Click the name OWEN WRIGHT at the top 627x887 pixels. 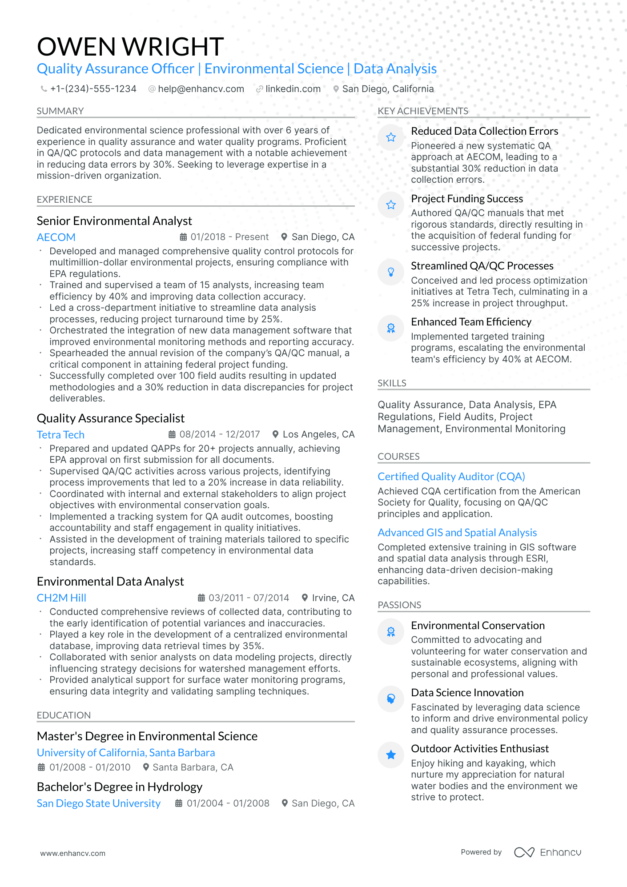tap(130, 47)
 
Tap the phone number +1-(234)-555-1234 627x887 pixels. tap(93, 89)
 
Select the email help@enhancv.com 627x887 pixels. tap(201, 89)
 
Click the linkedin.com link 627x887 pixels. tap(293, 89)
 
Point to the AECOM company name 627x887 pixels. tap(56, 237)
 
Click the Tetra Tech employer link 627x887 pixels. tap(60, 435)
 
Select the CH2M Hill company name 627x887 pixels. tap(61, 598)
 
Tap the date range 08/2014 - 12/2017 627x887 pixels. tap(219, 434)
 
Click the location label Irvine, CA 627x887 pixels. tap(333, 598)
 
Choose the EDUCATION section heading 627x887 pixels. tap(64, 715)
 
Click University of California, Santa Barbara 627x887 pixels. tap(126, 753)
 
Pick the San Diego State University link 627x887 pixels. tap(99, 803)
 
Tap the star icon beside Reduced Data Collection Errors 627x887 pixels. tap(391, 137)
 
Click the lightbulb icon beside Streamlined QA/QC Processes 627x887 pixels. tap(391, 272)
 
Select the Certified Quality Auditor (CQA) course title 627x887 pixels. tap(451, 477)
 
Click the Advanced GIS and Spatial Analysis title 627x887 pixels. tap(457, 533)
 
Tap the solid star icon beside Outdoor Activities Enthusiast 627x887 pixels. tap(391, 755)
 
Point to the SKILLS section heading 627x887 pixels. tap(392, 383)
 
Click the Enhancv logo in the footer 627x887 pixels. tap(547, 852)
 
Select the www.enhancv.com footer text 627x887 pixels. tap(73, 853)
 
